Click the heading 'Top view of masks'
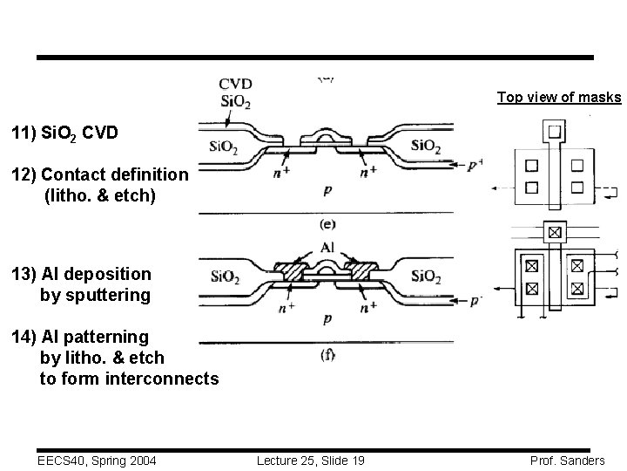559,97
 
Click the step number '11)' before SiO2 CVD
24,134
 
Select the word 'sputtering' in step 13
95,295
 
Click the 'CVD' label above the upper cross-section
235,84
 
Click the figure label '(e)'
328,223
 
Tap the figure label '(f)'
327,354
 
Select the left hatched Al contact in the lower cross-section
289,272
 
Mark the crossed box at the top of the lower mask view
555,233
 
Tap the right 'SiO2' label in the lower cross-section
427,277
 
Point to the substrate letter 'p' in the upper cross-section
327,189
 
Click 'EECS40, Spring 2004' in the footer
85,459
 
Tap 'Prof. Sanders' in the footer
566,459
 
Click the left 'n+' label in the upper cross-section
280,171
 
